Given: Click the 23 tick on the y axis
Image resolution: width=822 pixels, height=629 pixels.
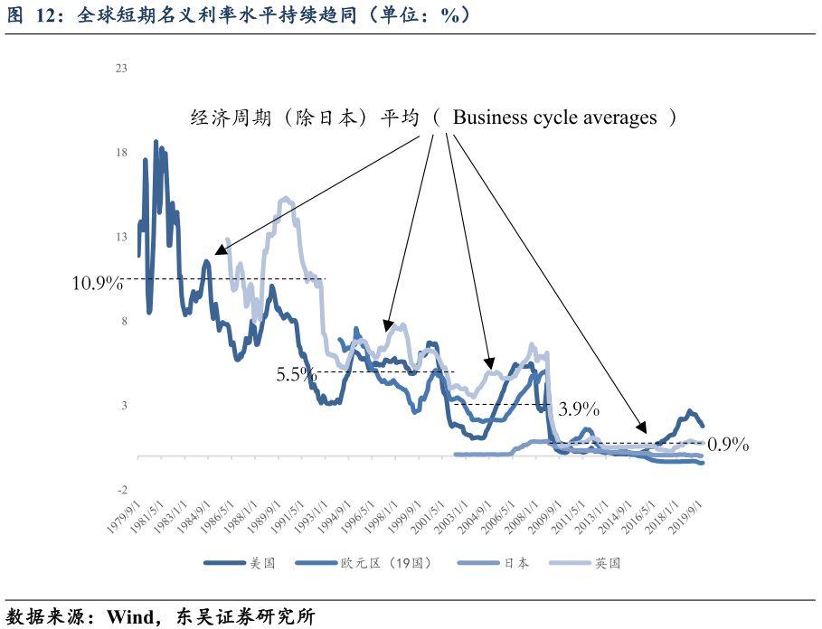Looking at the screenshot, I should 120,69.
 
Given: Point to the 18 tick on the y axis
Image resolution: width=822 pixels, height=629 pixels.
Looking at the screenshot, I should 120,153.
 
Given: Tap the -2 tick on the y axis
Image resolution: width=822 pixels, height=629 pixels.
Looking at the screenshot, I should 120,489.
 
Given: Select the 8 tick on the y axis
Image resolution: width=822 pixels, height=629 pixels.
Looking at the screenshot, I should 122,321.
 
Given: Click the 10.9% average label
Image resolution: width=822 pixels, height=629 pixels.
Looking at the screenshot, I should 97,283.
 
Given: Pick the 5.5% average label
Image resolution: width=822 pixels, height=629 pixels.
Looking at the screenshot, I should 296,372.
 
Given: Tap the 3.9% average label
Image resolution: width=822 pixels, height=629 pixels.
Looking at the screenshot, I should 579,408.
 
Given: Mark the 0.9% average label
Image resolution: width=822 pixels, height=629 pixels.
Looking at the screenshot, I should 728,445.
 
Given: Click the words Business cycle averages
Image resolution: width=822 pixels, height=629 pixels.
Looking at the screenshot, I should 554,117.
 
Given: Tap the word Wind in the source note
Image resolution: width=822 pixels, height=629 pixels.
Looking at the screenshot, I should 126,617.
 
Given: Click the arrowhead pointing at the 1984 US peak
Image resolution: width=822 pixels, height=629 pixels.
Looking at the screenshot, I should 217,253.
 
